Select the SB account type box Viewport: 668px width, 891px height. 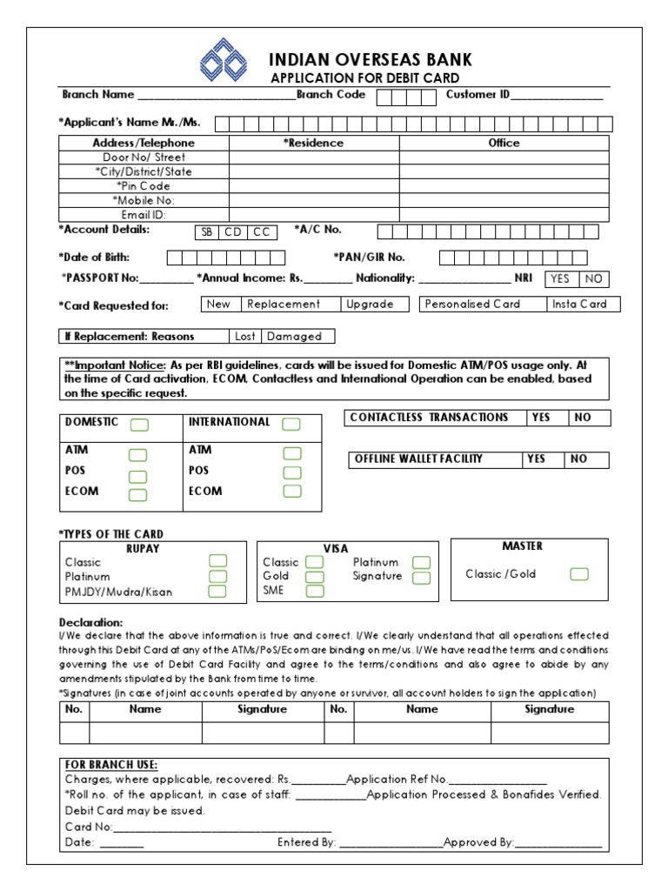(206, 231)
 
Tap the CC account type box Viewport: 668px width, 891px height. (262, 231)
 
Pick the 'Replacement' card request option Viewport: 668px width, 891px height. (284, 305)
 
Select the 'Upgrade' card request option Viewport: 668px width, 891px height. (370, 305)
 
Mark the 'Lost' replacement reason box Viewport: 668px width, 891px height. (245, 336)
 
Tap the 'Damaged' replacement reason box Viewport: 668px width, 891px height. (295, 336)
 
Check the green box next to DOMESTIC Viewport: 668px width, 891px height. (139, 425)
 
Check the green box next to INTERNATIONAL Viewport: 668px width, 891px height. (291, 424)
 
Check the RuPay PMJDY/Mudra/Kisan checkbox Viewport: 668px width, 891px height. (217, 592)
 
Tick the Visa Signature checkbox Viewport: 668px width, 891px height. (421, 577)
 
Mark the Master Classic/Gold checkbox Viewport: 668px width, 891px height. (578, 574)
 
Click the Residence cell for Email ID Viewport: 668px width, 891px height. (314, 215)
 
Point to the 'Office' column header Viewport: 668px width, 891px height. (504, 143)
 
